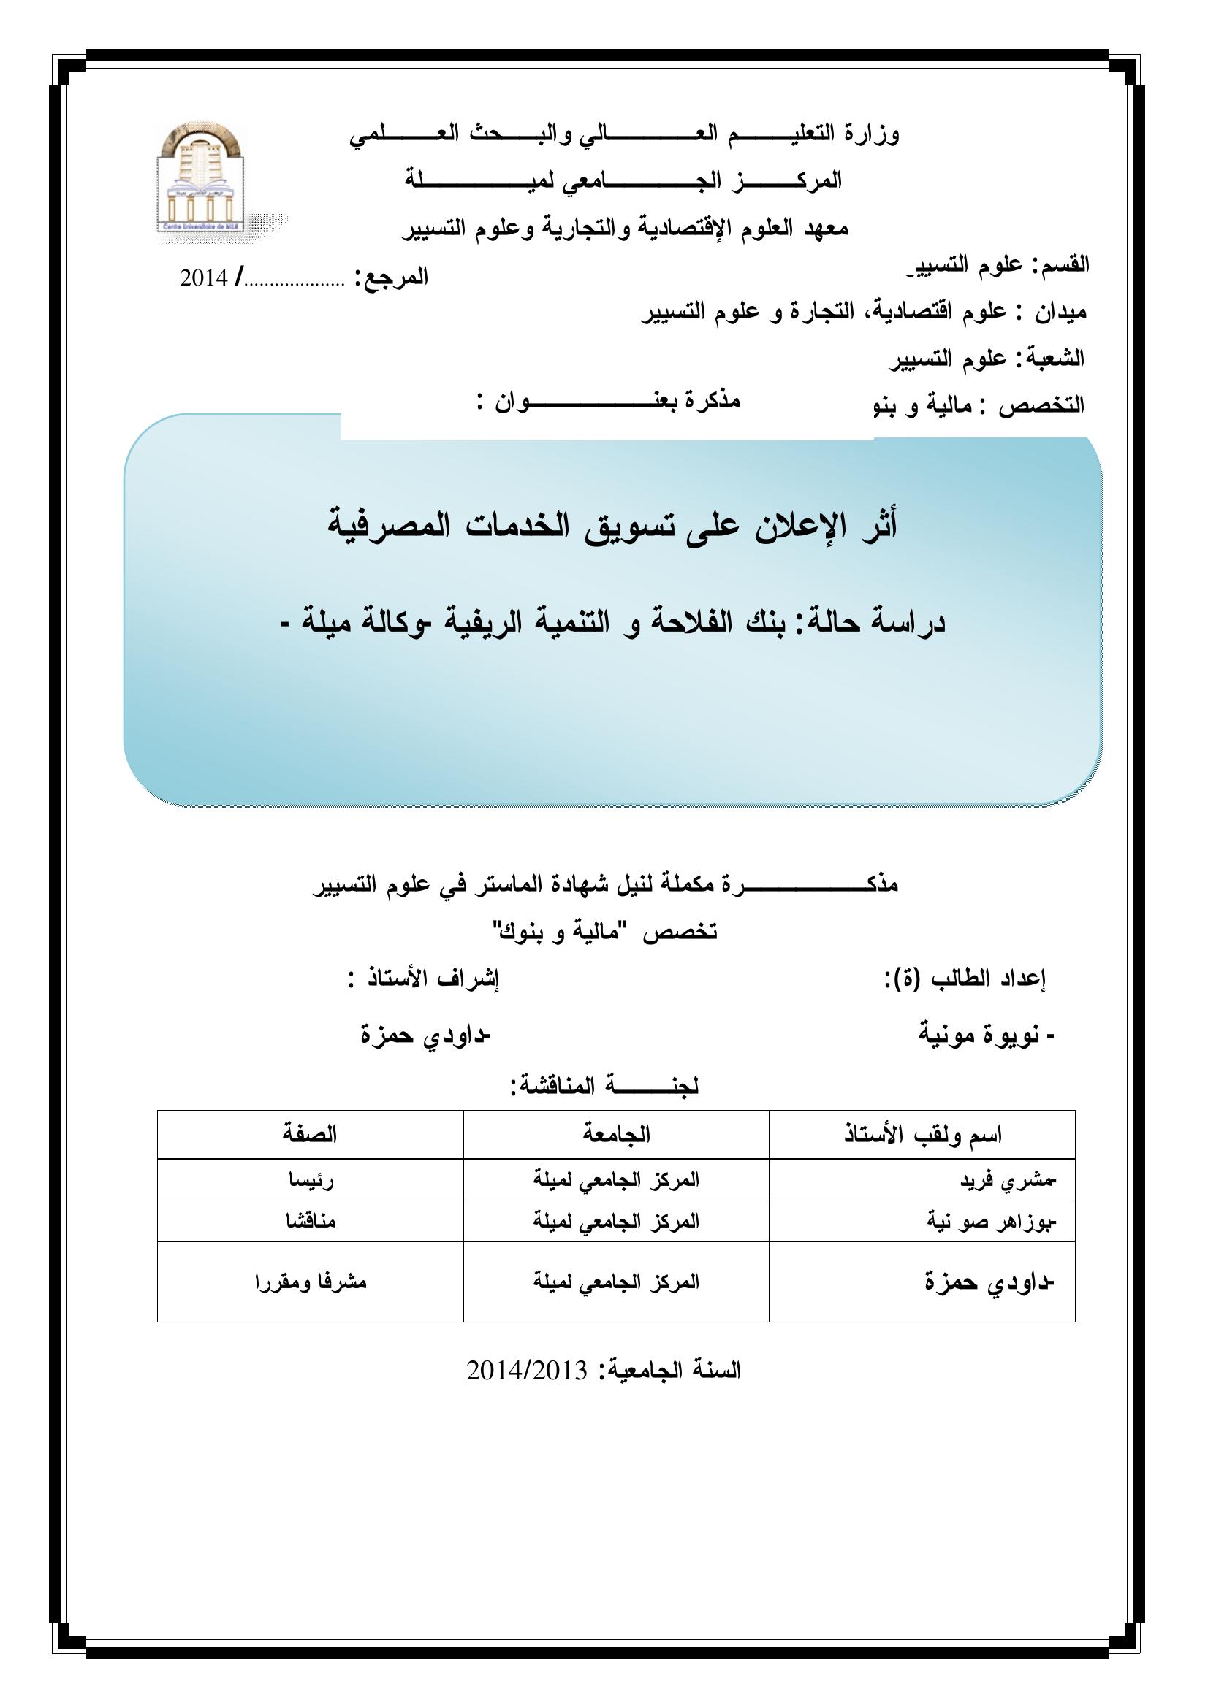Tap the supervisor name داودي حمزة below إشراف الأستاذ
425,1036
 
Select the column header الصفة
310,1135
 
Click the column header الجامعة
615,1135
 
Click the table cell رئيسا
310,1182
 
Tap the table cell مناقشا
310,1222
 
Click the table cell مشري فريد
1005,1182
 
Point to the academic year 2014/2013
527,1370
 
